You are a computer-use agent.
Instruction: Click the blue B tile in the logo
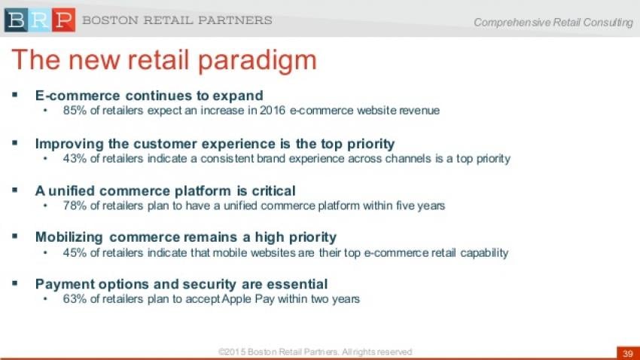(16, 20)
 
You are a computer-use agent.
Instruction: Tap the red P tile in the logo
(64, 20)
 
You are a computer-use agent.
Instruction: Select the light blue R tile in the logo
(40, 20)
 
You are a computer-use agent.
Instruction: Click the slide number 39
(628, 353)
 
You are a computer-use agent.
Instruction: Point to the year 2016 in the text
(273, 111)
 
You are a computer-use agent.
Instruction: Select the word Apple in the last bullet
(236, 300)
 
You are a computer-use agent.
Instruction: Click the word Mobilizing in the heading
(69, 237)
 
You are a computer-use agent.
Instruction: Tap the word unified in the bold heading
(72, 191)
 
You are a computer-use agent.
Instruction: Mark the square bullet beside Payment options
(15, 283)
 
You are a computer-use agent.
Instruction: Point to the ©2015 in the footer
(232, 352)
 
